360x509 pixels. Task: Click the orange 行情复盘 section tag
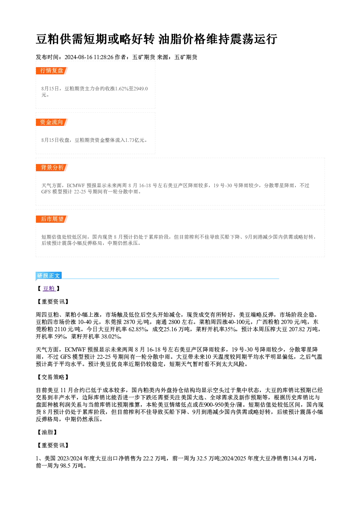pyautogui.click(x=52, y=71)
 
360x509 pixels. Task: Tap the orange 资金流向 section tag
pyautogui.click(x=52, y=122)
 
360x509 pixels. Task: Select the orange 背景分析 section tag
pyautogui.click(x=52, y=168)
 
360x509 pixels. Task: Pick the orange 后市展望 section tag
pyautogui.click(x=52, y=219)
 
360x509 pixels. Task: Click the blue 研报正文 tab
pyautogui.click(x=49, y=276)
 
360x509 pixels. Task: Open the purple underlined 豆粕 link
pyautogui.click(x=49, y=288)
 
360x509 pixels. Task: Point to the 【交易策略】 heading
pyautogui.click(x=53, y=377)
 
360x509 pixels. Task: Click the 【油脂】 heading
pyautogui.click(x=47, y=432)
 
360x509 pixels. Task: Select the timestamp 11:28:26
pyautogui.click(x=103, y=57)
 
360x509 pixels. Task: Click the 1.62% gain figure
pyautogui.click(x=123, y=89)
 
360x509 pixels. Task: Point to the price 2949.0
pyautogui.click(x=141, y=89)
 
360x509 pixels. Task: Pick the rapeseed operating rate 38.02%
pyautogui.click(x=111, y=337)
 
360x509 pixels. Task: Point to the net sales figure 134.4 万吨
pyautogui.click(x=301, y=458)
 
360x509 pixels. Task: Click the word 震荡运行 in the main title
pyautogui.click(x=253, y=39)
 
